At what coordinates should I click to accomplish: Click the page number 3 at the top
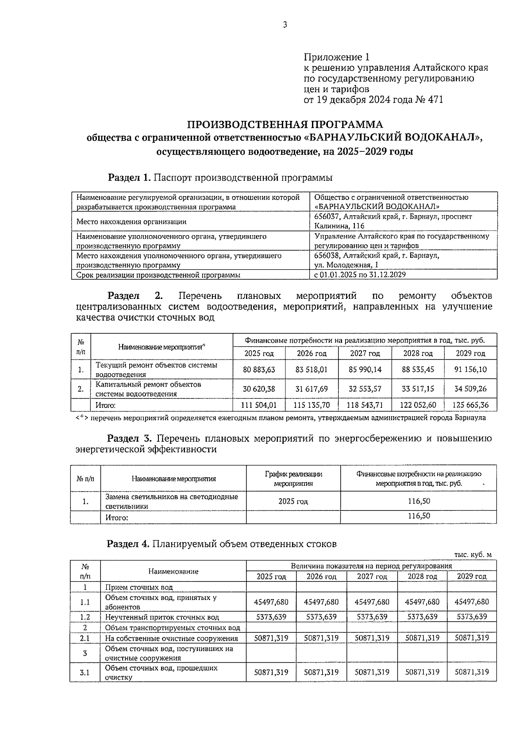click(x=285, y=25)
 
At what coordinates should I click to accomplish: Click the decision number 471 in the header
click(x=435, y=100)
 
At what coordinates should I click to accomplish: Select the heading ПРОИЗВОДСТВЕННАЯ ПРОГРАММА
click(x=285, y=124)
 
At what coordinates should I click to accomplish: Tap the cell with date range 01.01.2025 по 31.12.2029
click(x=360, y=275)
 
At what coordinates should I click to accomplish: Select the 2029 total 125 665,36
click(x=471, y=405)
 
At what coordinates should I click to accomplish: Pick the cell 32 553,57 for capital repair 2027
click(x=365, y=389)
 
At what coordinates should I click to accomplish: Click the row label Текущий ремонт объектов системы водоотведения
click(x=157, y=369)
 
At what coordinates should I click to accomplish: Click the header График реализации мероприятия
click(x=293, y=479)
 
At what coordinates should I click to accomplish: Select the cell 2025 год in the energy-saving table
click(x=293, y=501)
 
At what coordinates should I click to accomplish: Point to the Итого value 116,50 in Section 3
click(x=419, y=516)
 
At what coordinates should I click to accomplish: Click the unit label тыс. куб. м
click(x=473, y=555)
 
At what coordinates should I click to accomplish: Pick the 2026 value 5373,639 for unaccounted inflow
click(x=321, y=616)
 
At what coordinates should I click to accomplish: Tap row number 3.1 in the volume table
click(x=85, y=672)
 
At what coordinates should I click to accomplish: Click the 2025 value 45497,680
click(x=271, y=602)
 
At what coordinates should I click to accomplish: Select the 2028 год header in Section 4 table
click(x=422, y=576)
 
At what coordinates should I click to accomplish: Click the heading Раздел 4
click(x=128, y=544)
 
